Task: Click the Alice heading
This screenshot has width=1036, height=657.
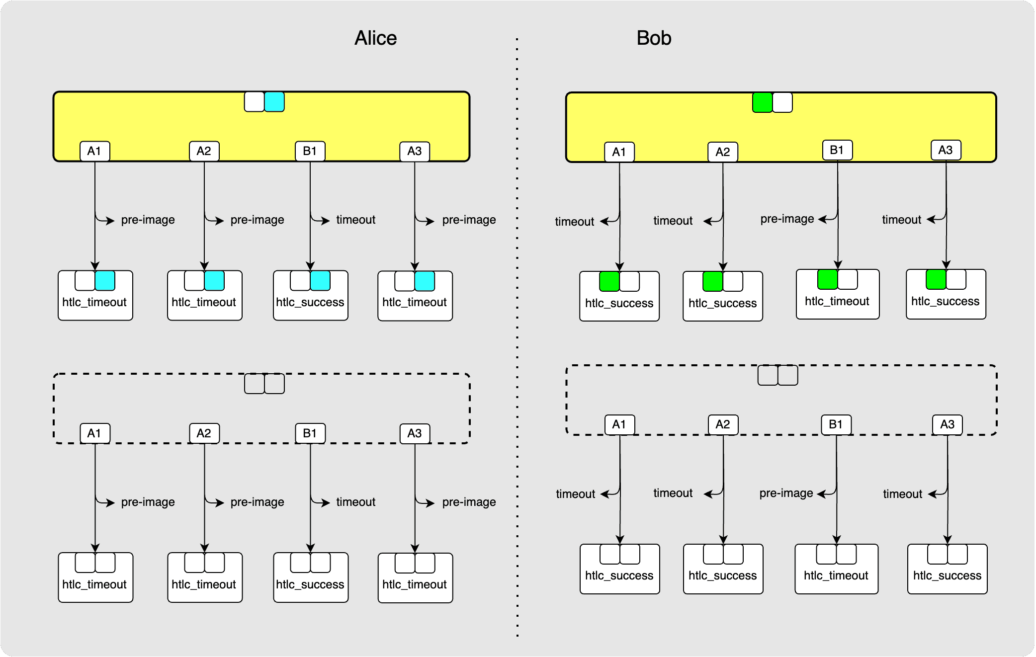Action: click(375, 38)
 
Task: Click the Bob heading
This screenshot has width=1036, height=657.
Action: click(654, 38)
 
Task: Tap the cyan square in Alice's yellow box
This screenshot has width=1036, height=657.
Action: click(274, 102)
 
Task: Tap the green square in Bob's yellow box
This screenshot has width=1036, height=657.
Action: click(762, 102)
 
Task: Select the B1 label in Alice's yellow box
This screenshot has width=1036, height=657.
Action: click(310, 151)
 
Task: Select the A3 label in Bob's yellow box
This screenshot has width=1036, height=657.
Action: click(946, 150)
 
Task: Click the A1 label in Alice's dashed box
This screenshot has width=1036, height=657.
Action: click(95, 433)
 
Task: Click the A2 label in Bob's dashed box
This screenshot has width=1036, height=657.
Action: click(723, 424)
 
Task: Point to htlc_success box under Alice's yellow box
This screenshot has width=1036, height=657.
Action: click(310, 302)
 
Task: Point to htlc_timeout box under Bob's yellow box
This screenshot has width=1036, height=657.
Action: click(837, 301)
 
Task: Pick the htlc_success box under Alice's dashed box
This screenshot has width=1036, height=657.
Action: click(310, 584)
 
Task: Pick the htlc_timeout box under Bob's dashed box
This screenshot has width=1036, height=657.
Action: click(836, 575)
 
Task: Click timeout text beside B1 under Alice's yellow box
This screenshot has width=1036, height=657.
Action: click(355, 220)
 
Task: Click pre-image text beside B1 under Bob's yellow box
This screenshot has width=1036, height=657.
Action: click(787, 219)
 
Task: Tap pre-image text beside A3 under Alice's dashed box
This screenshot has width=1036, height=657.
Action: click(469, 502)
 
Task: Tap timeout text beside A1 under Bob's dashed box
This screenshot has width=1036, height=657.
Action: click(575, 494)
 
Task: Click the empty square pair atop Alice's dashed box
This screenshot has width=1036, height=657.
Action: click(264, 384)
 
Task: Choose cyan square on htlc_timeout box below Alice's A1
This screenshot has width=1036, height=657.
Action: click(105, 281)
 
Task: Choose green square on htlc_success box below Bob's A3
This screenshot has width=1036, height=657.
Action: click(936, 279)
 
